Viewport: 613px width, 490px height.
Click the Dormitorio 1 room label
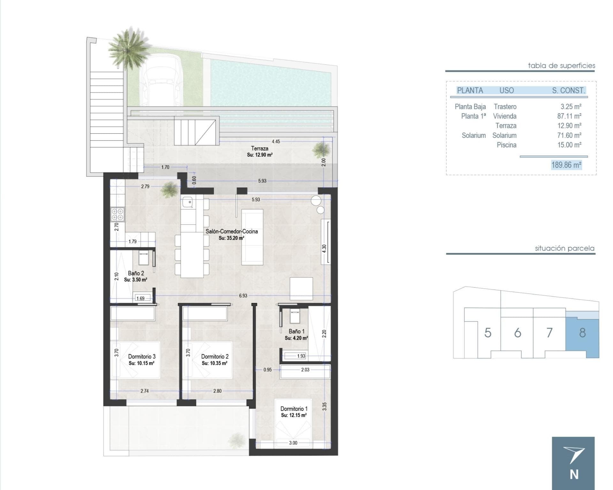294,409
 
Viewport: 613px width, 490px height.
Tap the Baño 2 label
136,273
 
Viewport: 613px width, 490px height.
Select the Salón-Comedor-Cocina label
231,231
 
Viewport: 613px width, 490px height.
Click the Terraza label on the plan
260,148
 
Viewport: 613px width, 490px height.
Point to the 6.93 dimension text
243,296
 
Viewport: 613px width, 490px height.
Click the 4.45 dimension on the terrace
276,141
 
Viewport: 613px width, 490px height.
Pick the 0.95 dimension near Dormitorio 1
268,370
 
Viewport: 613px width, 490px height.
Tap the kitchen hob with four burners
117,214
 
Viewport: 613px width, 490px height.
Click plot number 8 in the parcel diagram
582,333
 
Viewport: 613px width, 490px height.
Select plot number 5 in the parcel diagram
488,333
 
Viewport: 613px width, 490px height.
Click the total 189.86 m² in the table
566,165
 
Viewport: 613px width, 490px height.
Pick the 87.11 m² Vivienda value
569,116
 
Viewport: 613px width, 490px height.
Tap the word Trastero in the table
505,107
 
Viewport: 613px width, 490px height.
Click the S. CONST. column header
569,90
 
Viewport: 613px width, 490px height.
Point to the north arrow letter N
574,475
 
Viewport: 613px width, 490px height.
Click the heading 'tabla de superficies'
561,66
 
